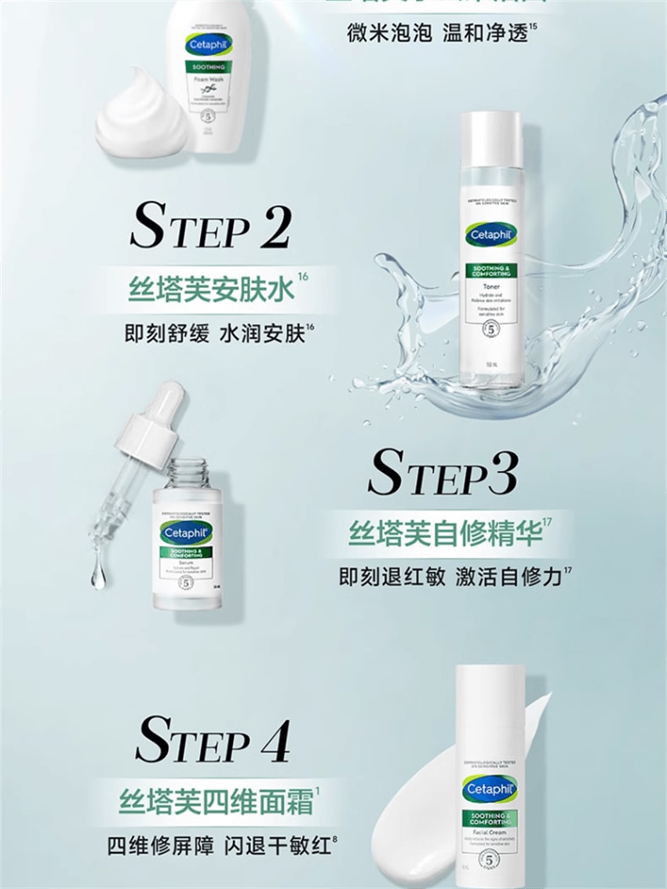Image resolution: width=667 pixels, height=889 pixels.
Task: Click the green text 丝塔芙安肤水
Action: pyautogui.click(x=212, y=290)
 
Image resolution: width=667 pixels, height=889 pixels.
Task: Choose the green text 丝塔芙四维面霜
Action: pyautogui.click(x=214, y=802)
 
